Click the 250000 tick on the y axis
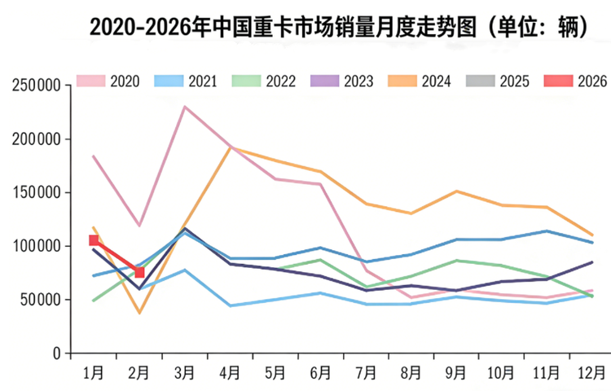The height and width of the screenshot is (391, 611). pyautogui.click(x=37, y=86)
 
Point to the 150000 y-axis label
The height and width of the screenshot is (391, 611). pyautogui.click(x=37, y=193)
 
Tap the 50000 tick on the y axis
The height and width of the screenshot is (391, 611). pyautogui.click(x=41, y=300)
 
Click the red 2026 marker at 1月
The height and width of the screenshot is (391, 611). pyautogui.click(x=94, y=240)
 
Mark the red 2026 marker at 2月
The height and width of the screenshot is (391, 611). pyautogui.click(x=139, y=272)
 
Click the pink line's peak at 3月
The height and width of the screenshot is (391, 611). pyautogui.click(x=185, y=107)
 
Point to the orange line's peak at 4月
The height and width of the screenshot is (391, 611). pyautogui.click(x=231, y=147)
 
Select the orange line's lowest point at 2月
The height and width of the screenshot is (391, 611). pyautogui.click(x=139, y=313)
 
